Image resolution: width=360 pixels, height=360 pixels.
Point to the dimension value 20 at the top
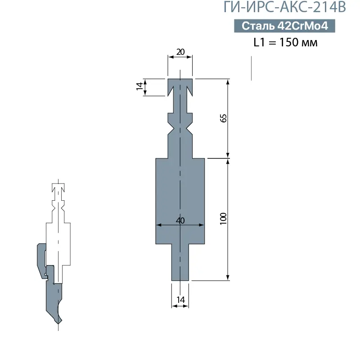point(180,52)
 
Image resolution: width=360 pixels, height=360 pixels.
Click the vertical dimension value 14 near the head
point(140,87)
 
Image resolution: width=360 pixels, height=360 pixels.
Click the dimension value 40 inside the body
point(180,220)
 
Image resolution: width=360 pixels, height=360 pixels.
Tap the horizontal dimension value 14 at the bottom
point(180,299)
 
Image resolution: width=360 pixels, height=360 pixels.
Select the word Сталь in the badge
point(258,26)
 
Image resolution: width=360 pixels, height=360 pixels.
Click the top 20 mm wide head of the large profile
point(180,83)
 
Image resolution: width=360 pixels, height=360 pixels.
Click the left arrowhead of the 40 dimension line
point(157,225)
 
